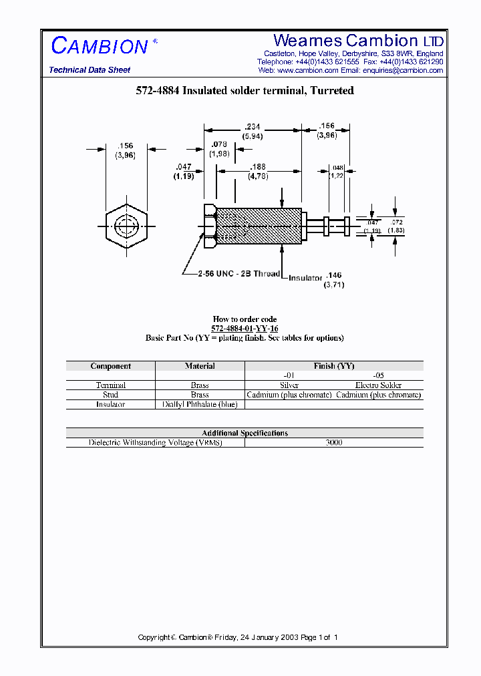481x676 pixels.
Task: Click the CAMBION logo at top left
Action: (x=100, y=46)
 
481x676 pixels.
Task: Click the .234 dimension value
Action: (x=253, y=126)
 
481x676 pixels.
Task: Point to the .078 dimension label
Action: (x=218, y=144)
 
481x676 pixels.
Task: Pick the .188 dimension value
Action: (x=258, y=167)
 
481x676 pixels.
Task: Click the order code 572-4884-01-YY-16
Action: (x=245, y=329)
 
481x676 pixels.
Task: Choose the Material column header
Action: (x=200, y=366)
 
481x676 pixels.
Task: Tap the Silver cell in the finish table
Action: (x=289, y=385)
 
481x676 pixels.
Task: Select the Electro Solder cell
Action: (x=378, y=385)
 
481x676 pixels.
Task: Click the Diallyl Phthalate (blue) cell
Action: (x=200, y=405)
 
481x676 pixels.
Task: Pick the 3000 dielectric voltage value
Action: (x=334, y=443)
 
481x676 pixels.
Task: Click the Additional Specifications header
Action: (x=245, y=433)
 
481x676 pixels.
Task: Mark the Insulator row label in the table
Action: (x=110, y=405)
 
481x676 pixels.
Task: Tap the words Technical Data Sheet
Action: (x=90, y=70)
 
